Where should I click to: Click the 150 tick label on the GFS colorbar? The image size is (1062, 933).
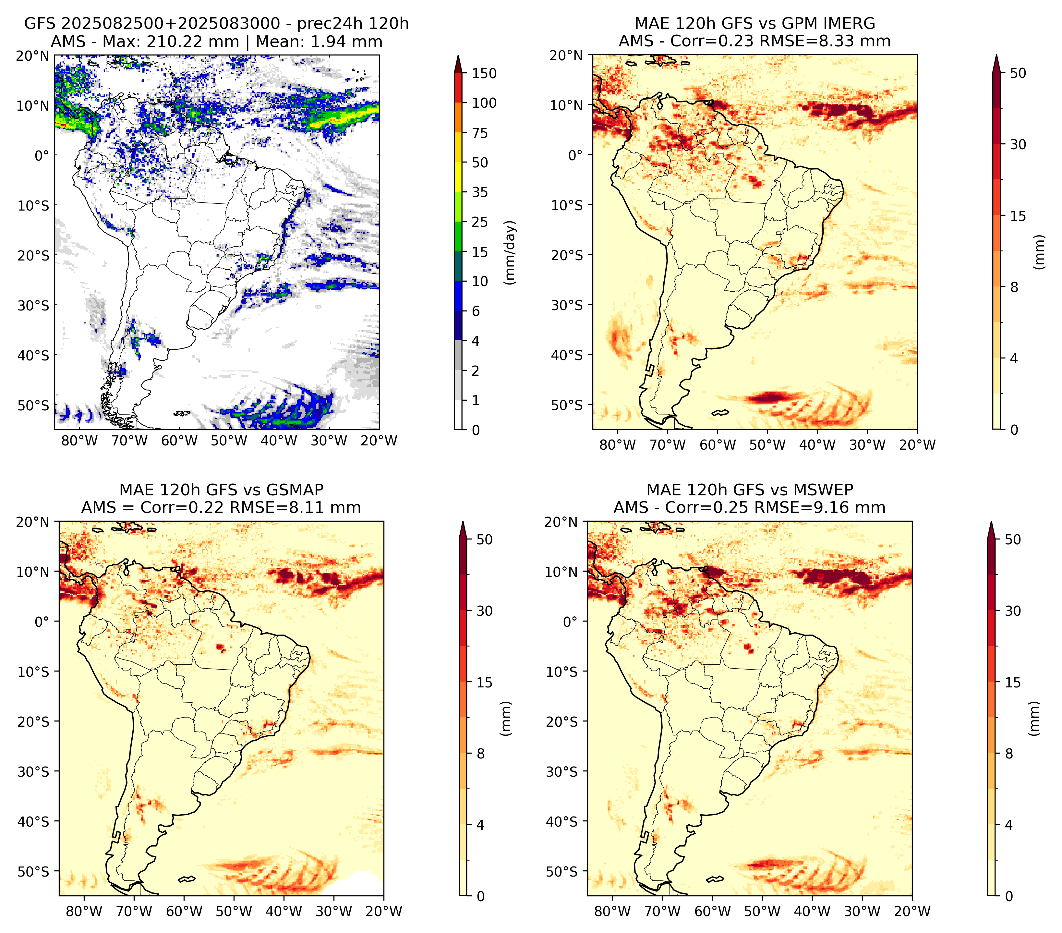tap(484, 73)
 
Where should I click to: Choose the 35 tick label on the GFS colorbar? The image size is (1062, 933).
tap(480, 192)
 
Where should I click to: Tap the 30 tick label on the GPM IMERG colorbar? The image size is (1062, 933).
tap(1018, 144)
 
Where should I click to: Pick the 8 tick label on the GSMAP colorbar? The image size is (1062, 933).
tap(481, 754)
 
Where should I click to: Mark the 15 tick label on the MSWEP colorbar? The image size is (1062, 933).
tap(1013, 683)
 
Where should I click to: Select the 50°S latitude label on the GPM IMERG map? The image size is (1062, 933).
tap(567, 405)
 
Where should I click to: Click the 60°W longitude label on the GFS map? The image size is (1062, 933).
tap(179, 441)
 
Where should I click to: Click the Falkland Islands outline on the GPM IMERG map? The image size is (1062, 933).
tap(720, 413)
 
